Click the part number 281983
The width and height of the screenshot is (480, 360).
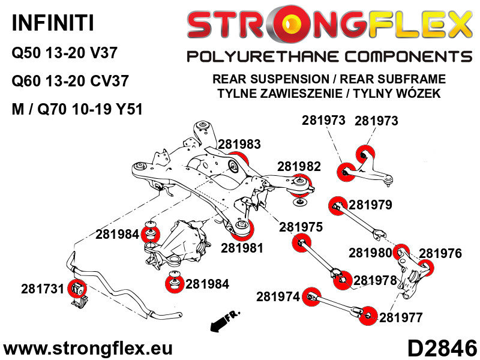(239, 144)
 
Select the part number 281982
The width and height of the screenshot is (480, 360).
(299, 167)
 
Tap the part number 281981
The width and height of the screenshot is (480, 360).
(242, 248)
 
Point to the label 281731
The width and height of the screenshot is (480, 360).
(42, 289)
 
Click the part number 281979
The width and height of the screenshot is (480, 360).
(370, 205)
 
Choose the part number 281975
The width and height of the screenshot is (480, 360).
(301, 227)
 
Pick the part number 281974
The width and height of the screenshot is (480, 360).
(278, 296)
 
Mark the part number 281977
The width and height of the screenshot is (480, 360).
(401, 317)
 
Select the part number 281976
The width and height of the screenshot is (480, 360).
(440, 253)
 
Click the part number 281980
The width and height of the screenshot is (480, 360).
(370, 253)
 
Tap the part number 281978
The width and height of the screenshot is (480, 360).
(375, 280)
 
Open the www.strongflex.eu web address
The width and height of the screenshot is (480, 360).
(88, 349)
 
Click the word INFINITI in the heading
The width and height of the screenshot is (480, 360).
(53, 23)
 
